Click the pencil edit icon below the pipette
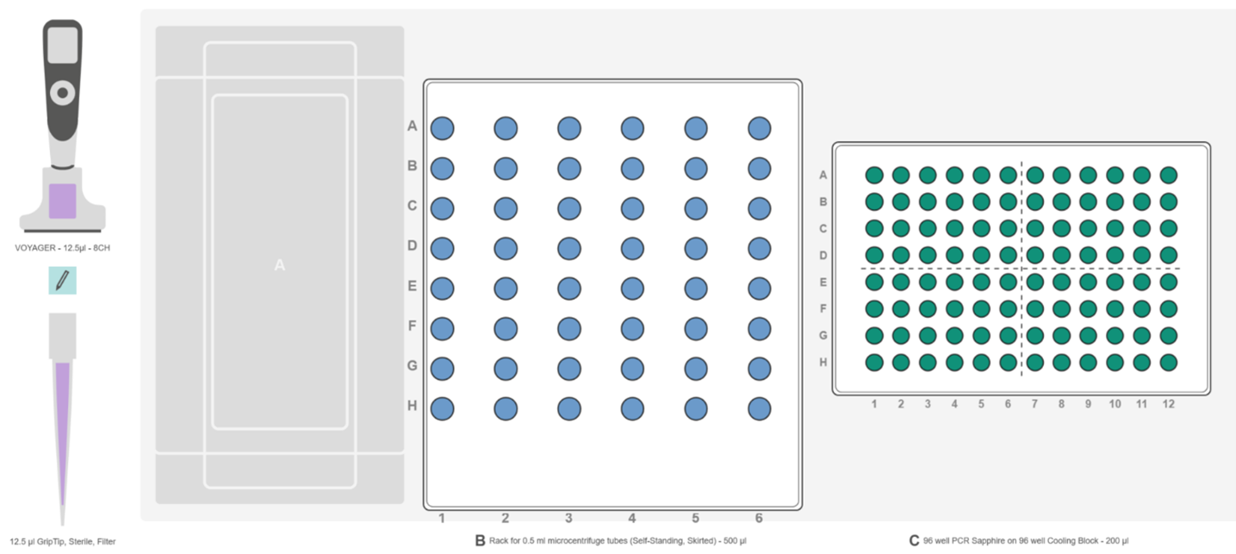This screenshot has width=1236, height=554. [62, 280]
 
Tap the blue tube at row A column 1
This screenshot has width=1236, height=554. [442, 128]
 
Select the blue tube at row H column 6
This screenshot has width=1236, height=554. [760, 409]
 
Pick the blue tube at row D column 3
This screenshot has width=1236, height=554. [568, 249]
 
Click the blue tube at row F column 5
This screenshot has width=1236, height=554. [696, 329]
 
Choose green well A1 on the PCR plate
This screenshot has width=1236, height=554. [874, 176]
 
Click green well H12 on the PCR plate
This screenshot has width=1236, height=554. [1168, 363]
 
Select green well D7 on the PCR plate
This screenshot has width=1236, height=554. [1034, 256]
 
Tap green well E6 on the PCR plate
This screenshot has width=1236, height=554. [1008, 282]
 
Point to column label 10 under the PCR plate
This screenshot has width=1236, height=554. [1115, 404]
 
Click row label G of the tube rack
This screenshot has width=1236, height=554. [413, 366]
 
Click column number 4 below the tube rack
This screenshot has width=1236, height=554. [632, 518]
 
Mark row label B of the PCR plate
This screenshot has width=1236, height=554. [823, 202]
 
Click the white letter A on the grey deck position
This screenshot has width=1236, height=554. [280, 265]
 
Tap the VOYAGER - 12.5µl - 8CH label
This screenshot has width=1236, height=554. [62, 248]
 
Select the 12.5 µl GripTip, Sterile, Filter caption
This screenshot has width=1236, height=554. [63, 542]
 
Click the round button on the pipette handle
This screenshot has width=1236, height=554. [62, 93]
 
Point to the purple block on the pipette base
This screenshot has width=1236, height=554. [62, 201]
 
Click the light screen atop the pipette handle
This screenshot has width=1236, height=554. [62, 45]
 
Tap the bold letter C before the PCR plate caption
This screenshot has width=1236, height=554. [915, 541]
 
